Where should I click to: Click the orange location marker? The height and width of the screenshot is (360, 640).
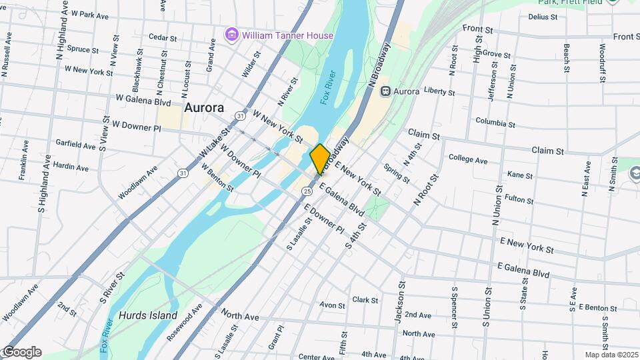[x=320, y=159]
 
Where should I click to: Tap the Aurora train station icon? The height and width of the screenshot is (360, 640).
[x=385, y=91]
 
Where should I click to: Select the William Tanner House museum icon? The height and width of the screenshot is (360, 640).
[x=232, y=35]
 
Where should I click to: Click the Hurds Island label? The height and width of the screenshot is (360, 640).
[x=148, y=315]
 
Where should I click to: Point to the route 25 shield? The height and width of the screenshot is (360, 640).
[x=307, y=191]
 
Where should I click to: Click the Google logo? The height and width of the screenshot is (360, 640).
[x=21, y=352]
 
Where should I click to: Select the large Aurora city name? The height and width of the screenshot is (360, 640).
[x=203, y=107]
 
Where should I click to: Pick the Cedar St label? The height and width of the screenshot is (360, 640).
[x=163, y=37]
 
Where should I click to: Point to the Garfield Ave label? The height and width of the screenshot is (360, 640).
[x=76, y=144]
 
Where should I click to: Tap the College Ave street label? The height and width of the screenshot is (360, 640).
[x=468, y=159]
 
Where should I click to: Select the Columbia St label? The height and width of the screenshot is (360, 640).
[x=495, y=122]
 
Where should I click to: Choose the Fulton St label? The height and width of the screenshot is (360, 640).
[x=519, y=198]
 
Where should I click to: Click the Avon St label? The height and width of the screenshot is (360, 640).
[x=332, y=305]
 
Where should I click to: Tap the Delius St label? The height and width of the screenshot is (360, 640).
[x=542, y=17]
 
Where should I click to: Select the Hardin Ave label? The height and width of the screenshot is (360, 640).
[x=71, y=167]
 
